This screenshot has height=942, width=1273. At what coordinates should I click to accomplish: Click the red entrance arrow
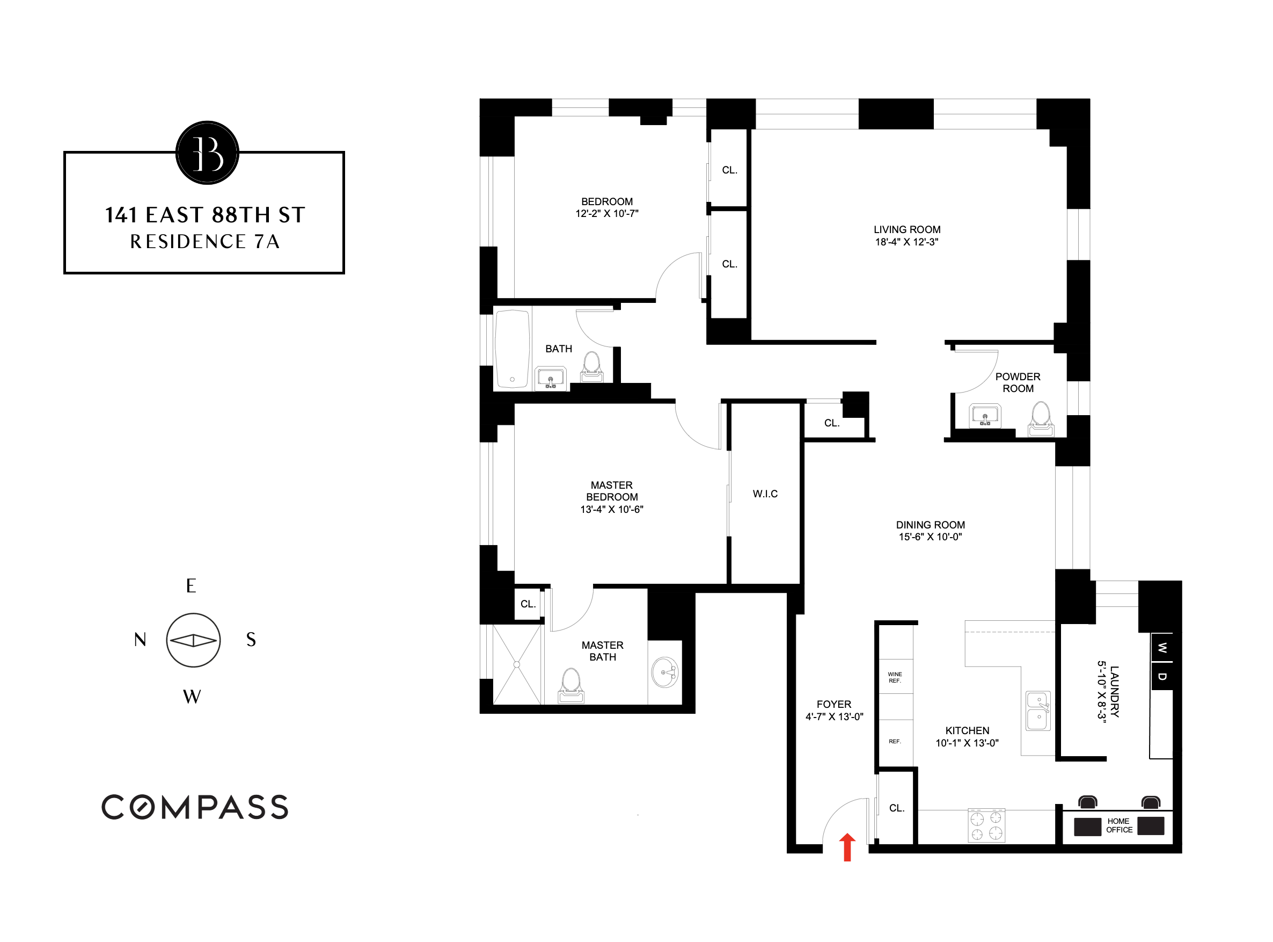click(x=847, y=848)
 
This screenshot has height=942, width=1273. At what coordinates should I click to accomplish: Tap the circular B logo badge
click(x=207, y=153)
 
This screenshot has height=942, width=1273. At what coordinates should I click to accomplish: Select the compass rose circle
click(x=193, y=640)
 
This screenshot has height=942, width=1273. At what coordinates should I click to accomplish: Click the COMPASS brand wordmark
click(x=195, y=807)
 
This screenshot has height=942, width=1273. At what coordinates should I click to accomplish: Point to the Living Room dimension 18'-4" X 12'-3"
click(x=906, y=242)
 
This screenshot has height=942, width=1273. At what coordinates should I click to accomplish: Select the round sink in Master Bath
click(x=665, y=673)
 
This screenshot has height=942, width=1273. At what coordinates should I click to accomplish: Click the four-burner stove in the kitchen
click(x=986, y=825)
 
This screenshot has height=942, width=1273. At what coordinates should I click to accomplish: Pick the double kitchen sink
click(x=1038, y=711)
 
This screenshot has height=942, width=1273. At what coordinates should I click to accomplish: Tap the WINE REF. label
click(x=895, y=677)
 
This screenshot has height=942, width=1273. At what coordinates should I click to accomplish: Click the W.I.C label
click(x=765, y=494)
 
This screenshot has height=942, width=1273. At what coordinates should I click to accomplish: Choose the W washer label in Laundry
click(x=1162, y=648)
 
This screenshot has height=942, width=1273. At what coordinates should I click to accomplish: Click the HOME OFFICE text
click(x=1118, y=825)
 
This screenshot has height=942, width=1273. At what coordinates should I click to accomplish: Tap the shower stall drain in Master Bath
click(x=517, y=664)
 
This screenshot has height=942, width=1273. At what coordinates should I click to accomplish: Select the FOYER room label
click(x=833, y=704)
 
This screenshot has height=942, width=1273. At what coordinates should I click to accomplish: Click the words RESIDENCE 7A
click(x=204, y=242)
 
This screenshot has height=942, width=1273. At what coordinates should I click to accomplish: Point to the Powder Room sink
click(x=985, y=415)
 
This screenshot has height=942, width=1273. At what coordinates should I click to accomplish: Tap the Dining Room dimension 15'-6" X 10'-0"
click(x=930, y=537)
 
